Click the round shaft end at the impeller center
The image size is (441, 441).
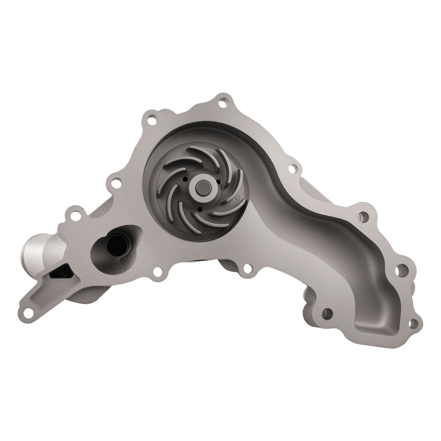204,184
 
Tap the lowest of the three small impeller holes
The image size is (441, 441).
199,209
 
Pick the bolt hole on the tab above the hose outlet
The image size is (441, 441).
75,216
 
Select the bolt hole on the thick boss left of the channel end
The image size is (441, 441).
327,314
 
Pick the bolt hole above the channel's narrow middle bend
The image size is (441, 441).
292,168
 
